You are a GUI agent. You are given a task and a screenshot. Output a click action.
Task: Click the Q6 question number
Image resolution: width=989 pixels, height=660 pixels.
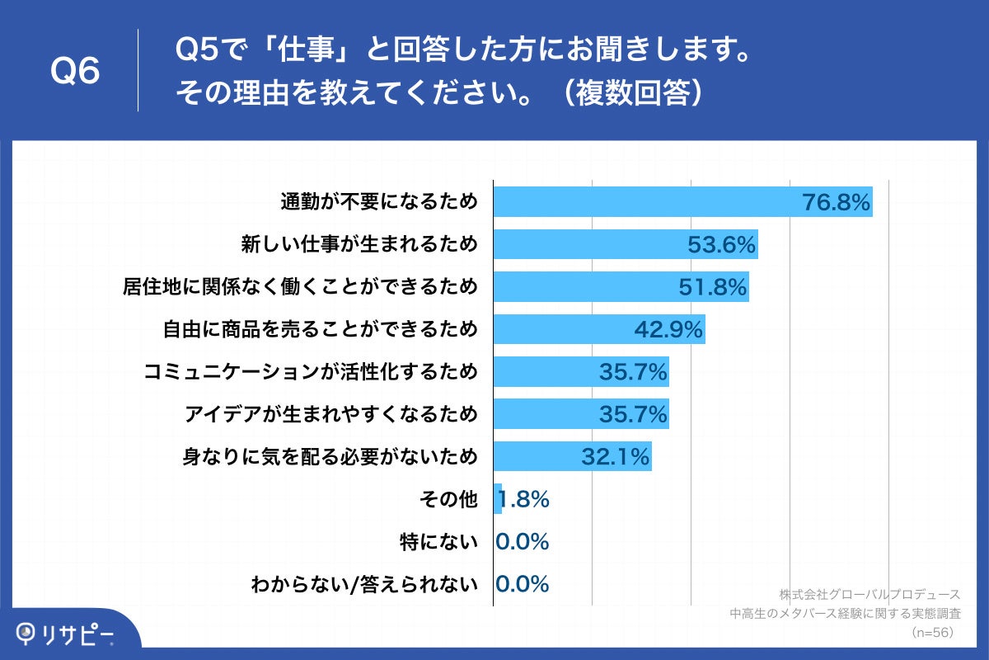point(75,71)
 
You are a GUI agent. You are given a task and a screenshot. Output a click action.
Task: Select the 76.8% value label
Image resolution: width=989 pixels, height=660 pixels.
point(837,203)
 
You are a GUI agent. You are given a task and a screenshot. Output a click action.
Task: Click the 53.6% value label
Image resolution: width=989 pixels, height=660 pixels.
point(722,245)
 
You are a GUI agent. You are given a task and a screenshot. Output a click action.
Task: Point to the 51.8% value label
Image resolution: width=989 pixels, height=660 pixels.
point(713,287)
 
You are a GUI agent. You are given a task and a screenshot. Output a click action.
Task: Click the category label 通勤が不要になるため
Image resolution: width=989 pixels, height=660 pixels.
point(379,201)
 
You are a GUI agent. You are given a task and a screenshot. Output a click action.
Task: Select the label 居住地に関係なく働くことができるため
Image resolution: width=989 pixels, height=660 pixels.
point(300,286)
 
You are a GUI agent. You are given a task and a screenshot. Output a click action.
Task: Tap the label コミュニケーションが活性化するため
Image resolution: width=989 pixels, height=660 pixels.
point(310,371)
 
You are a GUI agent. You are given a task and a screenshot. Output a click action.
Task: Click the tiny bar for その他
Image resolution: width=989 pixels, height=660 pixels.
point(497,499)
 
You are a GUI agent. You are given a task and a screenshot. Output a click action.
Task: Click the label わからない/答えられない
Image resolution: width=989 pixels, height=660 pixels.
point(364,585)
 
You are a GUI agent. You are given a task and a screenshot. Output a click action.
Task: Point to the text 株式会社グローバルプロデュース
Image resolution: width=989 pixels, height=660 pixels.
point(869,594)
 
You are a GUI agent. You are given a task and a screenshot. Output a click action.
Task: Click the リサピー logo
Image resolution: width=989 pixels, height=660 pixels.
point(66,634)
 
